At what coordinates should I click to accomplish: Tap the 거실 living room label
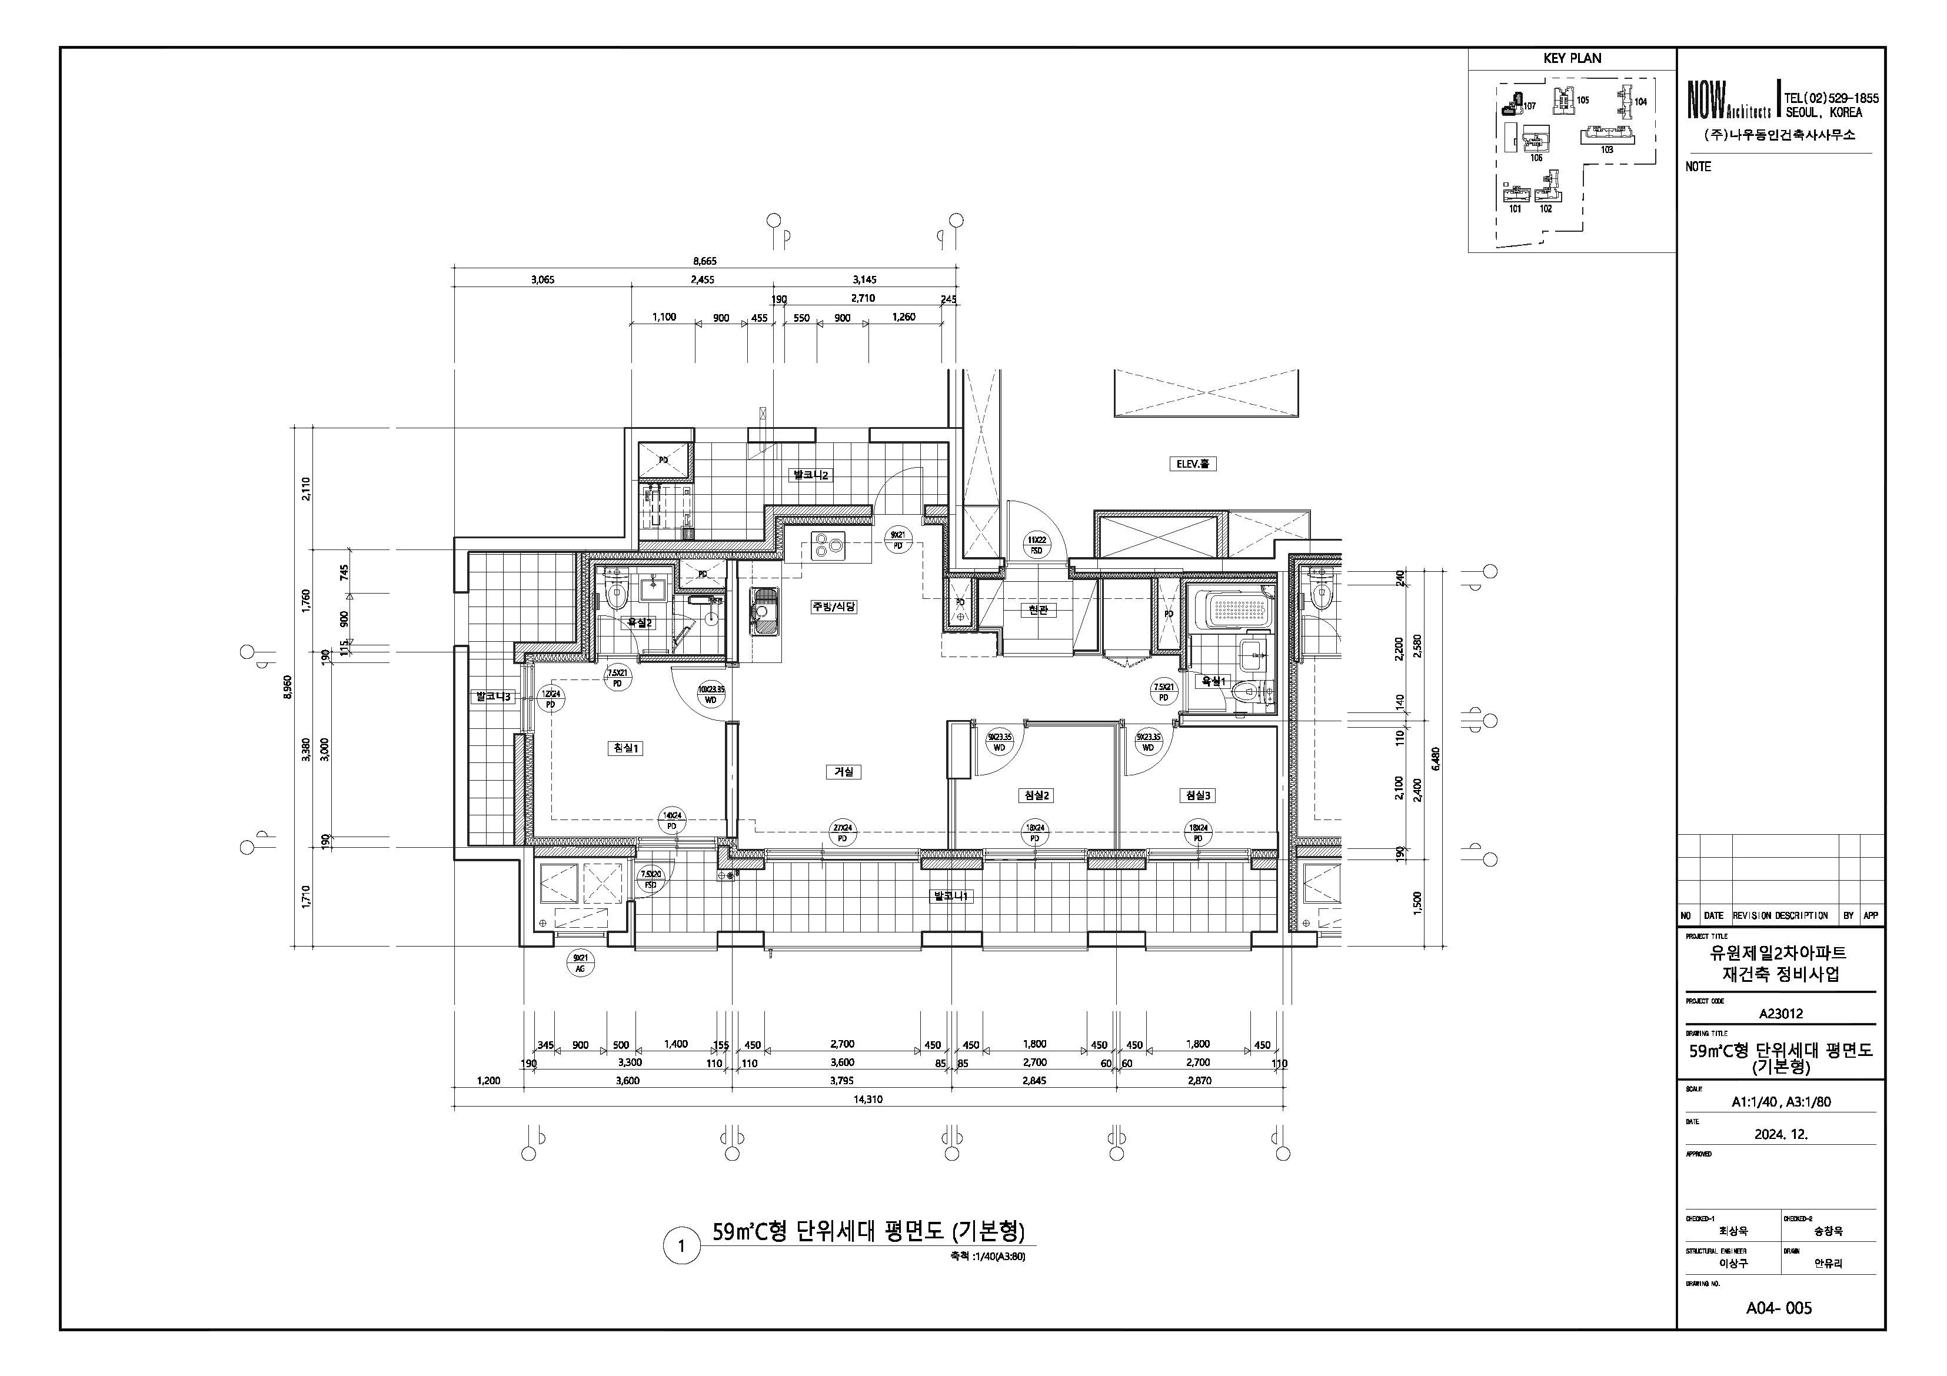pos(844,771)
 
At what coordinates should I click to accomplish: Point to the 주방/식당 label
pos(834,607)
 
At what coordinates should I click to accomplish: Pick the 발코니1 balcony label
pos(951,896)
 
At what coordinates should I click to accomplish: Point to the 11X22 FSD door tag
pos(1036,545)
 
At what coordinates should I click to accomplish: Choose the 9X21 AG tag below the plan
pos(581,963)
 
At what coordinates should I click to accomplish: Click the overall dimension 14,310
pos(868,1099)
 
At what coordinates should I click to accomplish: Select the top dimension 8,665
pos(705,261)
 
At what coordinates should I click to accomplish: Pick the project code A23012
pos(1780,1013)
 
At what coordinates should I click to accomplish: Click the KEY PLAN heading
pos(1572,58)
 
